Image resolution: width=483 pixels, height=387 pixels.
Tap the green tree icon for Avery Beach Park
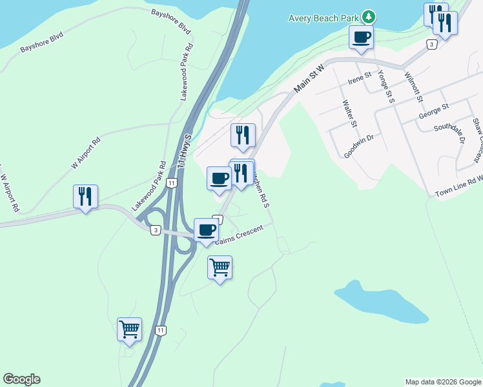point(368,15)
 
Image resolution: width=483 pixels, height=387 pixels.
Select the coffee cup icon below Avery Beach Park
point(361,37)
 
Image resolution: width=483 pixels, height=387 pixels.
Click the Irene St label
point(360,78)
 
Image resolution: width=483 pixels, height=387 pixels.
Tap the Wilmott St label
point(413,87)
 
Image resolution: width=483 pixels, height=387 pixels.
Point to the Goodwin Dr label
point(363,145)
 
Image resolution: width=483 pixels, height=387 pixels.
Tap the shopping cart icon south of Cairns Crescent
point(220,266)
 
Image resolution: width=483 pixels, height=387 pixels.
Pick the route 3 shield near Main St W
point(431,44)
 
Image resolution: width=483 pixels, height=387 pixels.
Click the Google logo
point(21,379)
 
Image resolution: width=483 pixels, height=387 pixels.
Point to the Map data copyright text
point(443,382)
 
